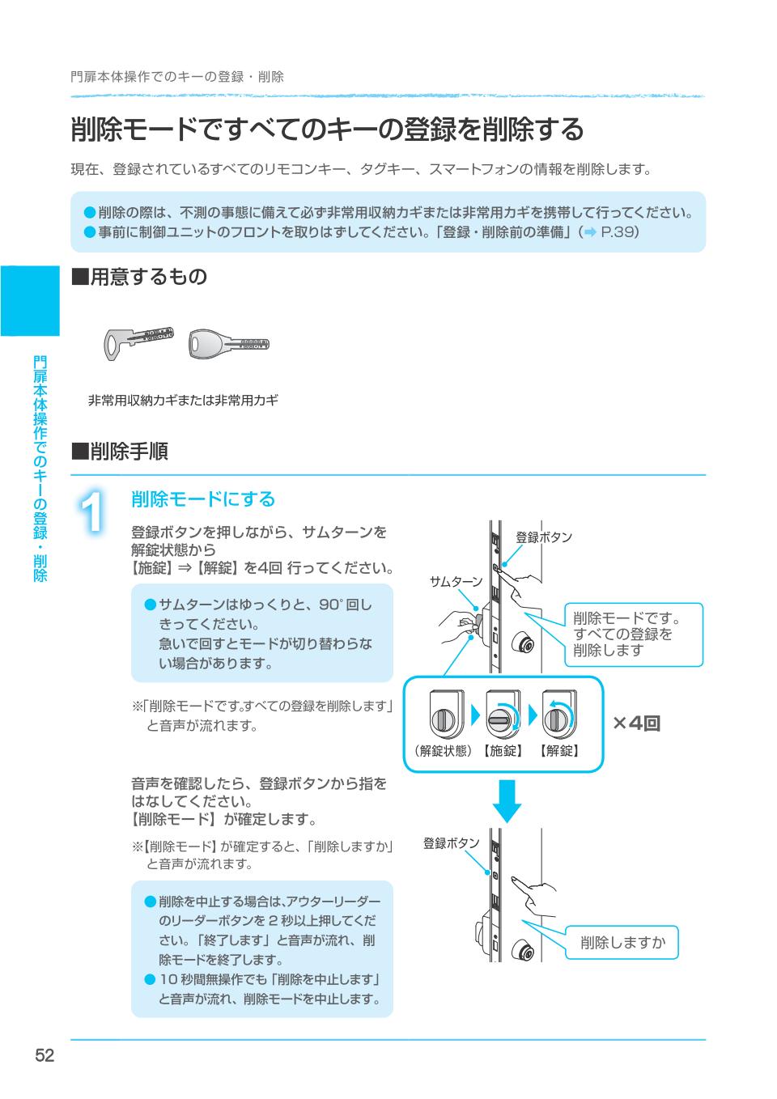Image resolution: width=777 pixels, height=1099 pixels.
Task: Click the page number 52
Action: click(44, 1055)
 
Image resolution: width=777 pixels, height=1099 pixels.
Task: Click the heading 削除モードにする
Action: click(203, 499)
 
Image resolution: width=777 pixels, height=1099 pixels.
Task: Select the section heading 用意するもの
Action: click(139, 277)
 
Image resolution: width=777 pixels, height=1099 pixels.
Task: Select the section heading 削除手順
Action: click(120, 452)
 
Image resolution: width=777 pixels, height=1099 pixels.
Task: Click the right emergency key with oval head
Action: click(228, 344)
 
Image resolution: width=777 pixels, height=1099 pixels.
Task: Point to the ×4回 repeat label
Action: click(636, 723)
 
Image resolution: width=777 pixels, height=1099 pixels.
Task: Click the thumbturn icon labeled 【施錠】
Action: click(503, 715)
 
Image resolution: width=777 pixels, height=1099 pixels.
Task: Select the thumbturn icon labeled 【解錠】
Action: click(558, 715)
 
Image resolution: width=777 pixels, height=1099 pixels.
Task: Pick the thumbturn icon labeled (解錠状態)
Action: click(443, 715)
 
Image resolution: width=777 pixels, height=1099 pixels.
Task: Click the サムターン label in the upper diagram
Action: click(455, 582)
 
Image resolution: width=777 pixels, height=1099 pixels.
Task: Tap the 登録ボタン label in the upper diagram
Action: click(544, 537)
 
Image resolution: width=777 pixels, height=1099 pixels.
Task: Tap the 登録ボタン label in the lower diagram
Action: click(451, 843)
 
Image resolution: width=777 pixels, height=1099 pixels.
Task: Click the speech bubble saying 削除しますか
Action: click(622, 942)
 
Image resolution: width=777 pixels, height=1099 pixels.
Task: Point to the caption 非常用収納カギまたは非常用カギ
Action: click(183, 400)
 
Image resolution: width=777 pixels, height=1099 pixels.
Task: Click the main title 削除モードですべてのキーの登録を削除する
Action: click(327, 129)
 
